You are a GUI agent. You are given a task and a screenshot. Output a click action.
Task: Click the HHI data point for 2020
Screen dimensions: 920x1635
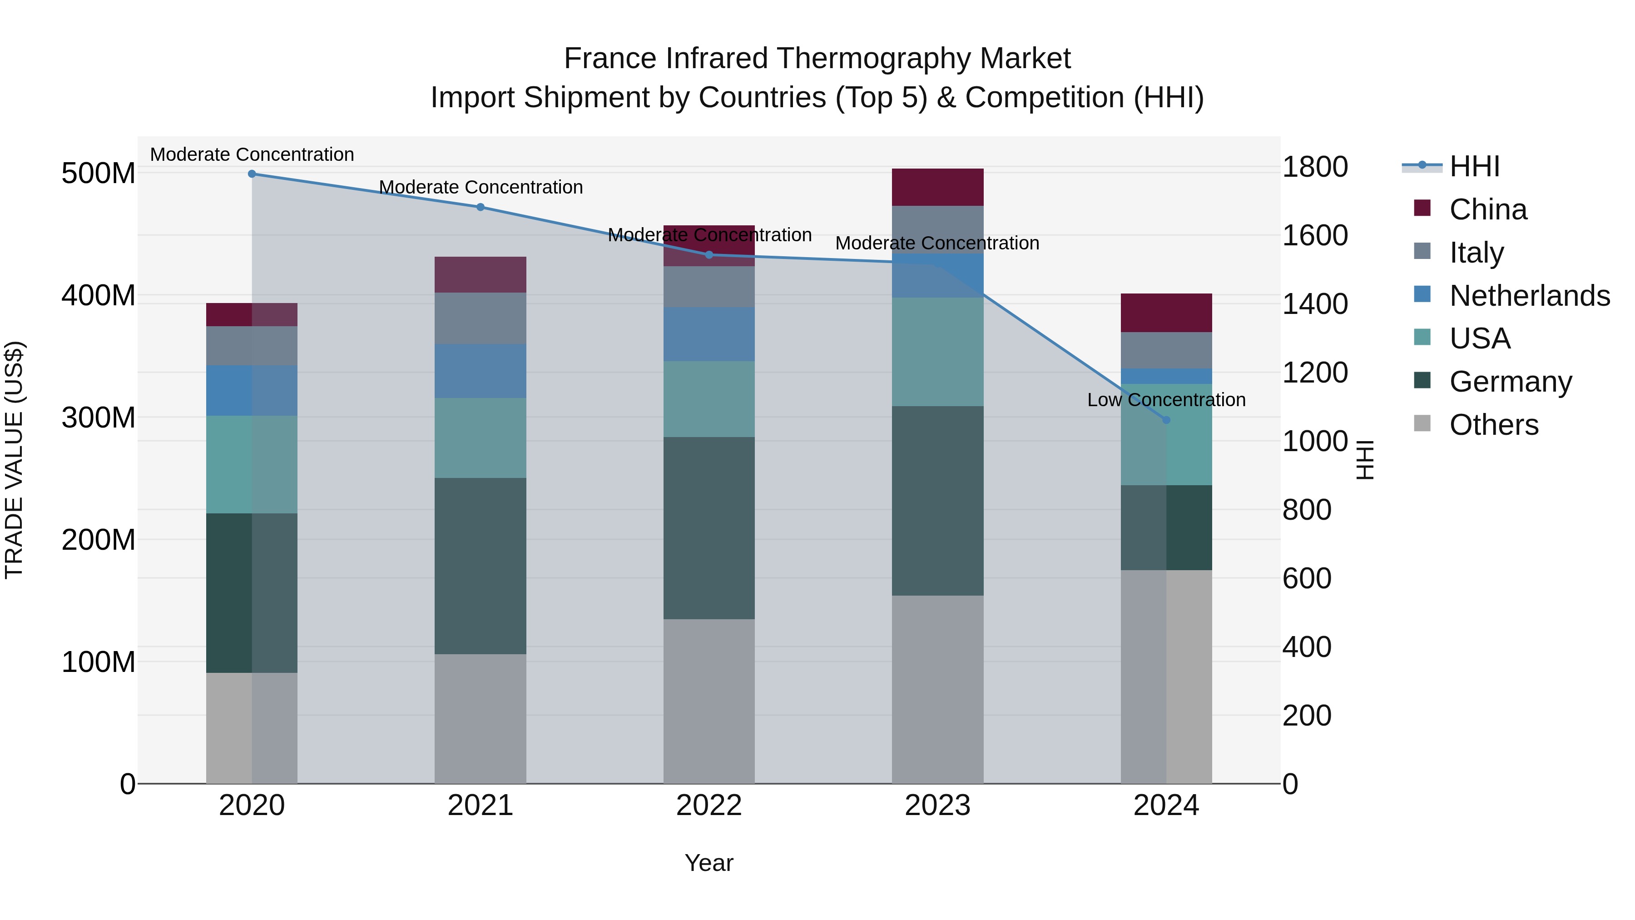point(252,174)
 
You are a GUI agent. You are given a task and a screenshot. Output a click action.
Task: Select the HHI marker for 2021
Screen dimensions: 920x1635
point(481,207)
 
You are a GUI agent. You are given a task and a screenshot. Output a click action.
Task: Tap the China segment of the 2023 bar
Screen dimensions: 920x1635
point(937,187)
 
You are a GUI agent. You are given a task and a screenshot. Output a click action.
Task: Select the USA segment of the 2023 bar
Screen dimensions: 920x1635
point(937,352)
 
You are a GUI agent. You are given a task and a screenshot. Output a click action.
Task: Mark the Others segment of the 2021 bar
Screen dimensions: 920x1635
point(481,718)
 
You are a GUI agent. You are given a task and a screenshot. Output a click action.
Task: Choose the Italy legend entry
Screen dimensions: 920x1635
point(1476,253)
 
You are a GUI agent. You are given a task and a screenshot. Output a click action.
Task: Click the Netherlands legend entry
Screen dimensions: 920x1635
point(1530,296)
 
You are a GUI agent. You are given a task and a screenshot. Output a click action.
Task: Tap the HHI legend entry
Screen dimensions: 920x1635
point(1474,166)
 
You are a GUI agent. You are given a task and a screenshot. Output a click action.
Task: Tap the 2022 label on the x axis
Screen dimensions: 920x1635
point(709,806)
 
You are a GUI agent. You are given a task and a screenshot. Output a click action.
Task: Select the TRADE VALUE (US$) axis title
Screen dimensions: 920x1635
point(14,460)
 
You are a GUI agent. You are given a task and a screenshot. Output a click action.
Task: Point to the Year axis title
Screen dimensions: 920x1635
point(709,863)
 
